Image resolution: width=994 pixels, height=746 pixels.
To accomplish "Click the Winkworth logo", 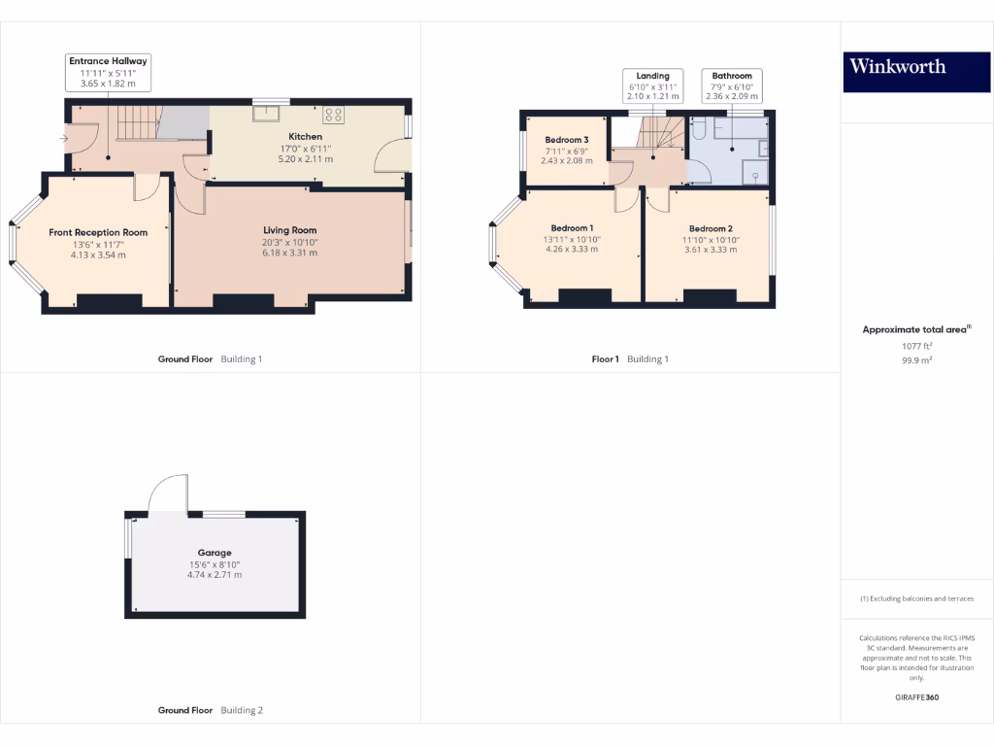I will click(x=897, y=66).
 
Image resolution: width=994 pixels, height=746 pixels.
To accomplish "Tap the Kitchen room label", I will click(x=305, y=137).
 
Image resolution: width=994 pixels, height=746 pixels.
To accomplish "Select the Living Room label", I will click(x=290, y=230).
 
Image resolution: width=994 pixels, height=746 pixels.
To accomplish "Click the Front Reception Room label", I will click(x=98, y=232).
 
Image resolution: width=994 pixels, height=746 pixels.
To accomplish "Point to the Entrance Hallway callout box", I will click(x=108, y=73).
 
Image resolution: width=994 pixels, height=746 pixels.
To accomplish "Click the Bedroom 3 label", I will click(x=566, y=140).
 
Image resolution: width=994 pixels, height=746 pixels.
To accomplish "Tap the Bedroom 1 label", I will click(x=572, y=228).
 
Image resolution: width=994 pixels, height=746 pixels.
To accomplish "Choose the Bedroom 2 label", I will click(x=711, y=228).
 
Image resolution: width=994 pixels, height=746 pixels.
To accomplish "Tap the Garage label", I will click(x=215, y=553).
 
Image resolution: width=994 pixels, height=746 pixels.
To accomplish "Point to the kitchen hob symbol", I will click(x=333, y=115).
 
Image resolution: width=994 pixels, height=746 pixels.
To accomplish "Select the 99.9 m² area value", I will click(x=916, y=358).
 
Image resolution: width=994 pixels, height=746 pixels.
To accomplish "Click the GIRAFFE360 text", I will click(x=916, y=697).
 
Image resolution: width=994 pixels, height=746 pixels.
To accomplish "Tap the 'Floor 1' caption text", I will click(x=605, y=359).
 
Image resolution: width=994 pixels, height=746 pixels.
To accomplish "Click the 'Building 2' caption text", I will click(x=242, y=710).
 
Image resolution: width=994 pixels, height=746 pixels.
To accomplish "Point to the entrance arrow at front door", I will click(x=64, y=139).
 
